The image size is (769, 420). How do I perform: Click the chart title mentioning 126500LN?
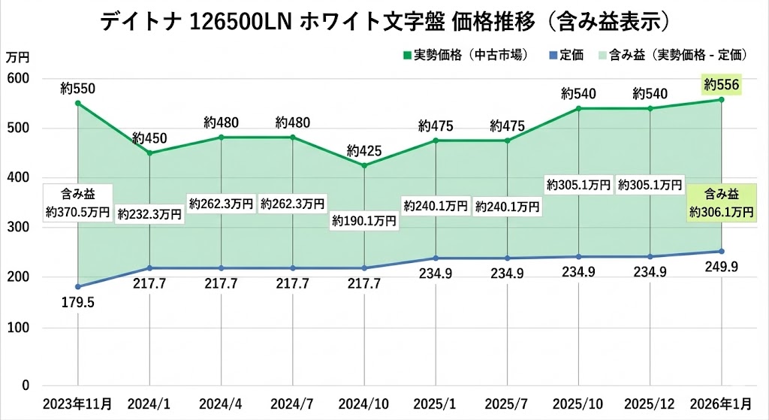(384, 21)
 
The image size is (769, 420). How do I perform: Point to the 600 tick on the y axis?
(16, 79)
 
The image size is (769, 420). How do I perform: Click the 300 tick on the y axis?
(16, 228)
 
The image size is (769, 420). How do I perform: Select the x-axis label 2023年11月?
(78, 403)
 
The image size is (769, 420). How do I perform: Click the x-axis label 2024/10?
(363, 403)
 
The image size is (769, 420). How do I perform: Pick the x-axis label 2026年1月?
(722, 403)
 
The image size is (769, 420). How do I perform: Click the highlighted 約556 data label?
(722, 85)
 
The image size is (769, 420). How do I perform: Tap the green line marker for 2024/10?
(364, 165)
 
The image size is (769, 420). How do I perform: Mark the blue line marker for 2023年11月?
(78, 286)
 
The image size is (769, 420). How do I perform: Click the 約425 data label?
(364, 151)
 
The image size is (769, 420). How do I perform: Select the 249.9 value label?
(722, 267)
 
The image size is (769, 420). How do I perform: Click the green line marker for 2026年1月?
(722, 100)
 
